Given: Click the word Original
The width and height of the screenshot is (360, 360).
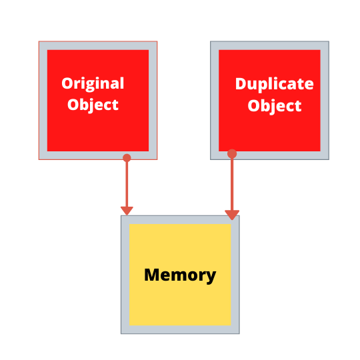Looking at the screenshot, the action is [93, 84].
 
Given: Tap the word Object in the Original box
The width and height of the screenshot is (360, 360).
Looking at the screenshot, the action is [93, 105].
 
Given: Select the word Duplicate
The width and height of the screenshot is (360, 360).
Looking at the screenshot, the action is [275, 85].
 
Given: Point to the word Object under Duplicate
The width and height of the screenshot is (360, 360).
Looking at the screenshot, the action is [275, 106].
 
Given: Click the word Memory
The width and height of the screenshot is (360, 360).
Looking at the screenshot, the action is [180, 275].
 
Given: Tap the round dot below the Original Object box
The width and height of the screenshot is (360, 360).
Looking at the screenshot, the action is [127, 158].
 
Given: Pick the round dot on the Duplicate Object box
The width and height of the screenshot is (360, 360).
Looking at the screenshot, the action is [232, 154].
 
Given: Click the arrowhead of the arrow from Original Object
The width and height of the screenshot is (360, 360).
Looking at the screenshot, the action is [127, 211].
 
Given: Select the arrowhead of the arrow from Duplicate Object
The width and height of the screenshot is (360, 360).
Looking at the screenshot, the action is [232, 215].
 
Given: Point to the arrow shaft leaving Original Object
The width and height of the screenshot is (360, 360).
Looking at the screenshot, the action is [127, 185].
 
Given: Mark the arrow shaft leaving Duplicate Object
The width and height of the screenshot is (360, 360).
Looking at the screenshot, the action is [232, 185].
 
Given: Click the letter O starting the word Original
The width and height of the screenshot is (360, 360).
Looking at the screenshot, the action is [67, 83].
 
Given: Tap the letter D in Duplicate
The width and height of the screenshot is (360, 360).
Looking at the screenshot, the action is [241, 83].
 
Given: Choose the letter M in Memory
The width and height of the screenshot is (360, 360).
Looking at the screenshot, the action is [153, 275].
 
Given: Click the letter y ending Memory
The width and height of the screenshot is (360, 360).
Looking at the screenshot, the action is [210, 277].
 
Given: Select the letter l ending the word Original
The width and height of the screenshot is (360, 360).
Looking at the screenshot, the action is [122, 83].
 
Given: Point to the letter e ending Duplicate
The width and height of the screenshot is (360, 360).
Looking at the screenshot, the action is [309, 85].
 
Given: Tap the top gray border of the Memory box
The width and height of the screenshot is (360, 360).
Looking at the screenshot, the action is [180, 220].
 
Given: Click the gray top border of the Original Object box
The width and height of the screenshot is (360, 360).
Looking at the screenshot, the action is [98, 46].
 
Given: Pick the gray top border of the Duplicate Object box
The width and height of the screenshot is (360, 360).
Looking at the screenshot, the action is [269, 46].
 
